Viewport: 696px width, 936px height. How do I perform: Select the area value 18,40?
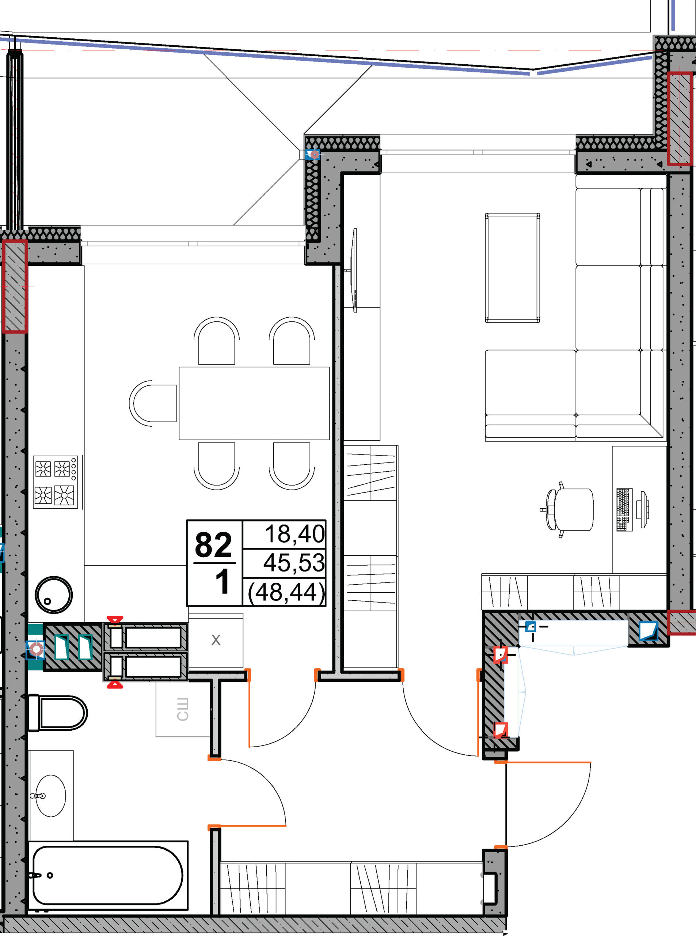tap(294, 534)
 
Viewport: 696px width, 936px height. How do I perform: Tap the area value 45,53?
tap(294, 563)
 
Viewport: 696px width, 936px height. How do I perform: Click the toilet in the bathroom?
tap(57, 713)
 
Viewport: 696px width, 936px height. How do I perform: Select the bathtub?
tap(108, 876)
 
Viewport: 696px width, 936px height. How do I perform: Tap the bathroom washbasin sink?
tap(50, 796)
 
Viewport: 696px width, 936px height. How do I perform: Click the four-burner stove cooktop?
tap(56, 482)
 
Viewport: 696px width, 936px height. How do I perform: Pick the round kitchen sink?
tap(53, 595)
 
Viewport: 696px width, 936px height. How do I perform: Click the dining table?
tap(254, 404)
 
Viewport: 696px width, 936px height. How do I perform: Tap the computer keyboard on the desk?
tap(624, 510)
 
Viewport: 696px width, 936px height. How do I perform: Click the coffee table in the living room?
tap(512, 268)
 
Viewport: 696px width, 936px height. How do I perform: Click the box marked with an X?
tap(216, 640)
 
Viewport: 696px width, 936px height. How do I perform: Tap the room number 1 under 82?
tap(222, 582)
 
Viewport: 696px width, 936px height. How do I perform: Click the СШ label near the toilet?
tap(182, 710)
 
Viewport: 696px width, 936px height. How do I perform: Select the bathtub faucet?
tap(36, 875)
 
